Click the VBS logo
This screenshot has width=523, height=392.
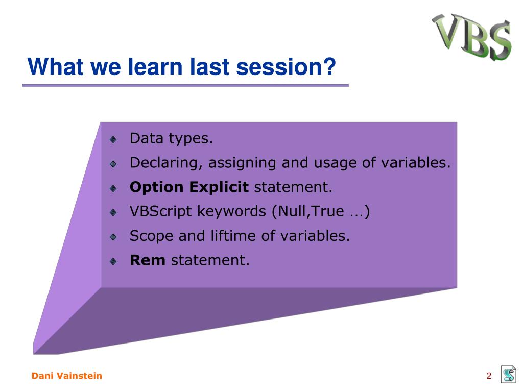pyautogui.click(x=471, y=37)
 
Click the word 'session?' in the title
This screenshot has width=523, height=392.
pyautogui.click(x=286, y=67)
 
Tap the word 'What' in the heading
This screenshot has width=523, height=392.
pyautogui.click(x=56, y=67)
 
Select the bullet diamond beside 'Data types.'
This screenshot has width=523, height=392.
pyautogui.click(x=113, y=139)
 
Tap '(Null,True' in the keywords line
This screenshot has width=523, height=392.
pyautogui.click(x=308, y=212)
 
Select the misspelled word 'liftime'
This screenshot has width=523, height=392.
pyautogui.click(x=233, y=236)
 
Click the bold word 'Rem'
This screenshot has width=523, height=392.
pyautogui.click(x=148, y=260)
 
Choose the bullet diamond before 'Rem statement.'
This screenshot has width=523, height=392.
pyautogui.click(x=113, y=261)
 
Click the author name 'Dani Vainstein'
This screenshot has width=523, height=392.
pyautogui.click(x=67, y=376)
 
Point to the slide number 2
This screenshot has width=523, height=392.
pyautogui.click(x=489, y=376)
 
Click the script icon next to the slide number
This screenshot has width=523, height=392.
pyautogui.click(x=509, y=374)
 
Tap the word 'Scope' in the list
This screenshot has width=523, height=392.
pyautogui.click(x=151, y=236)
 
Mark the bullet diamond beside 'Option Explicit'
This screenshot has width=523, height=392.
pyautogui.click(x=113, y=188)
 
